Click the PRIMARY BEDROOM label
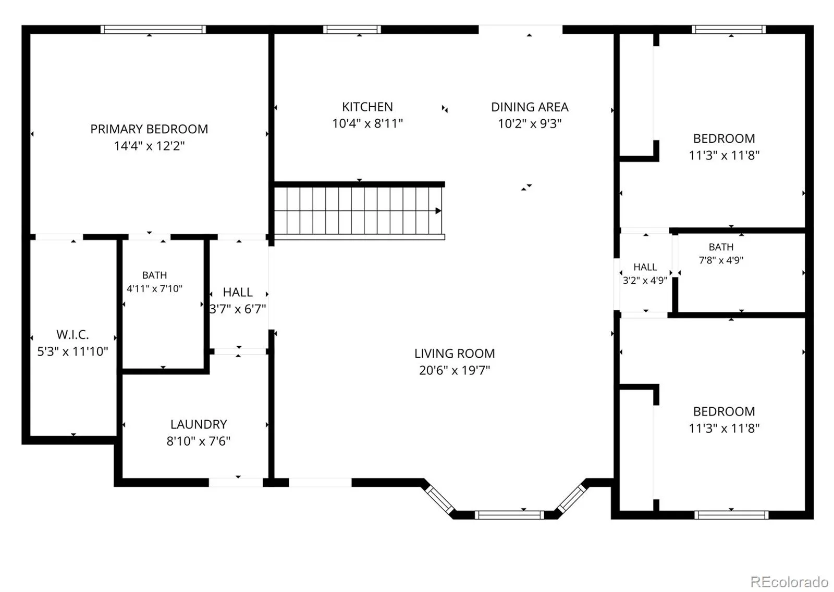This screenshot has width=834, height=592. [149, 129]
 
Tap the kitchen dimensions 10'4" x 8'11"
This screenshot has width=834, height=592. [367, 123]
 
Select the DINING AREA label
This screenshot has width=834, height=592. [530, 107]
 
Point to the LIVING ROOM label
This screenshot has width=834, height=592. [455, 353]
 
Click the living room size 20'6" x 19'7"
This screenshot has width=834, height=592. [455, 370]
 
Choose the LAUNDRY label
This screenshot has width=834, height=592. [199, 424]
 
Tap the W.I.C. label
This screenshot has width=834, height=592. [72, 335]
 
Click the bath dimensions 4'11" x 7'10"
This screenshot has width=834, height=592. [154, 288]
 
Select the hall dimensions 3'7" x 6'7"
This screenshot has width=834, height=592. [238, 309]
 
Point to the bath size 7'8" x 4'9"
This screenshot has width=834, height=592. [721, 260]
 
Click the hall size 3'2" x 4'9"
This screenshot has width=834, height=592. [645, 281]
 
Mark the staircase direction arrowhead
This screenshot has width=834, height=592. [438, 211]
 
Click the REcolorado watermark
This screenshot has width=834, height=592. [789, 581]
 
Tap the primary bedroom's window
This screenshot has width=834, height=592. [153, 29]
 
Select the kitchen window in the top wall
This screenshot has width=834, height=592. [352, 29]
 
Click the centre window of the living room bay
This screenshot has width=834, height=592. [509, 515]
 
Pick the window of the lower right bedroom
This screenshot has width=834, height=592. [731, 515]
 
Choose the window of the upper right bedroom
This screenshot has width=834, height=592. [729, 29]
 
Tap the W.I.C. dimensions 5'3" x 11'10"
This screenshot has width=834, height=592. [72, 351]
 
